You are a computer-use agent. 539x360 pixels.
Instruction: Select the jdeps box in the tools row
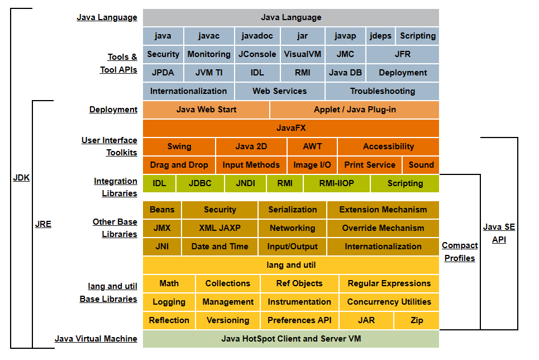point(380,36)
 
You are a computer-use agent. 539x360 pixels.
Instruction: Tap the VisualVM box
point(303,54)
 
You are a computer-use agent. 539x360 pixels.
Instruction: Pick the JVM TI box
point(209,73)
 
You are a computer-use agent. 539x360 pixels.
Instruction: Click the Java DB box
point(345,73)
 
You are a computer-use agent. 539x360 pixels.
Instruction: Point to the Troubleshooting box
point(382,91)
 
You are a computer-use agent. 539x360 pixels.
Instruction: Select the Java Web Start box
point(206,110)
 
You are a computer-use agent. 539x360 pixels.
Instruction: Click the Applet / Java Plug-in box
point(355,110)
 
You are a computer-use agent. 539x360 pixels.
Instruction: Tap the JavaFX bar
point(291,128)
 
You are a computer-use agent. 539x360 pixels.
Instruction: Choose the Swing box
point(179,146)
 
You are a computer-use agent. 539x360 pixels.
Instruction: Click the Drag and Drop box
point(179,165)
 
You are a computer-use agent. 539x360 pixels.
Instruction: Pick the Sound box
point(421,165)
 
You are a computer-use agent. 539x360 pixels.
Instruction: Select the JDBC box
point(201,183)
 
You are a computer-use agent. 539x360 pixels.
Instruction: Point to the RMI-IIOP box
point(336,183)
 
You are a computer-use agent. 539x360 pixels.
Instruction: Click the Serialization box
point(293,210)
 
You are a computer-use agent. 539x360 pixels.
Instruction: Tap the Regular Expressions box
point(389,283)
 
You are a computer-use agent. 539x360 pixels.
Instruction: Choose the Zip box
point(416,320)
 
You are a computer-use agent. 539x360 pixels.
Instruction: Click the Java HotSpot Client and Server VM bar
point(291,338)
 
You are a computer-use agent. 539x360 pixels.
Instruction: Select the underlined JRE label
point(43,224)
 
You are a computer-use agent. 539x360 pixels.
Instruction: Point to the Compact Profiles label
point(460,252)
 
